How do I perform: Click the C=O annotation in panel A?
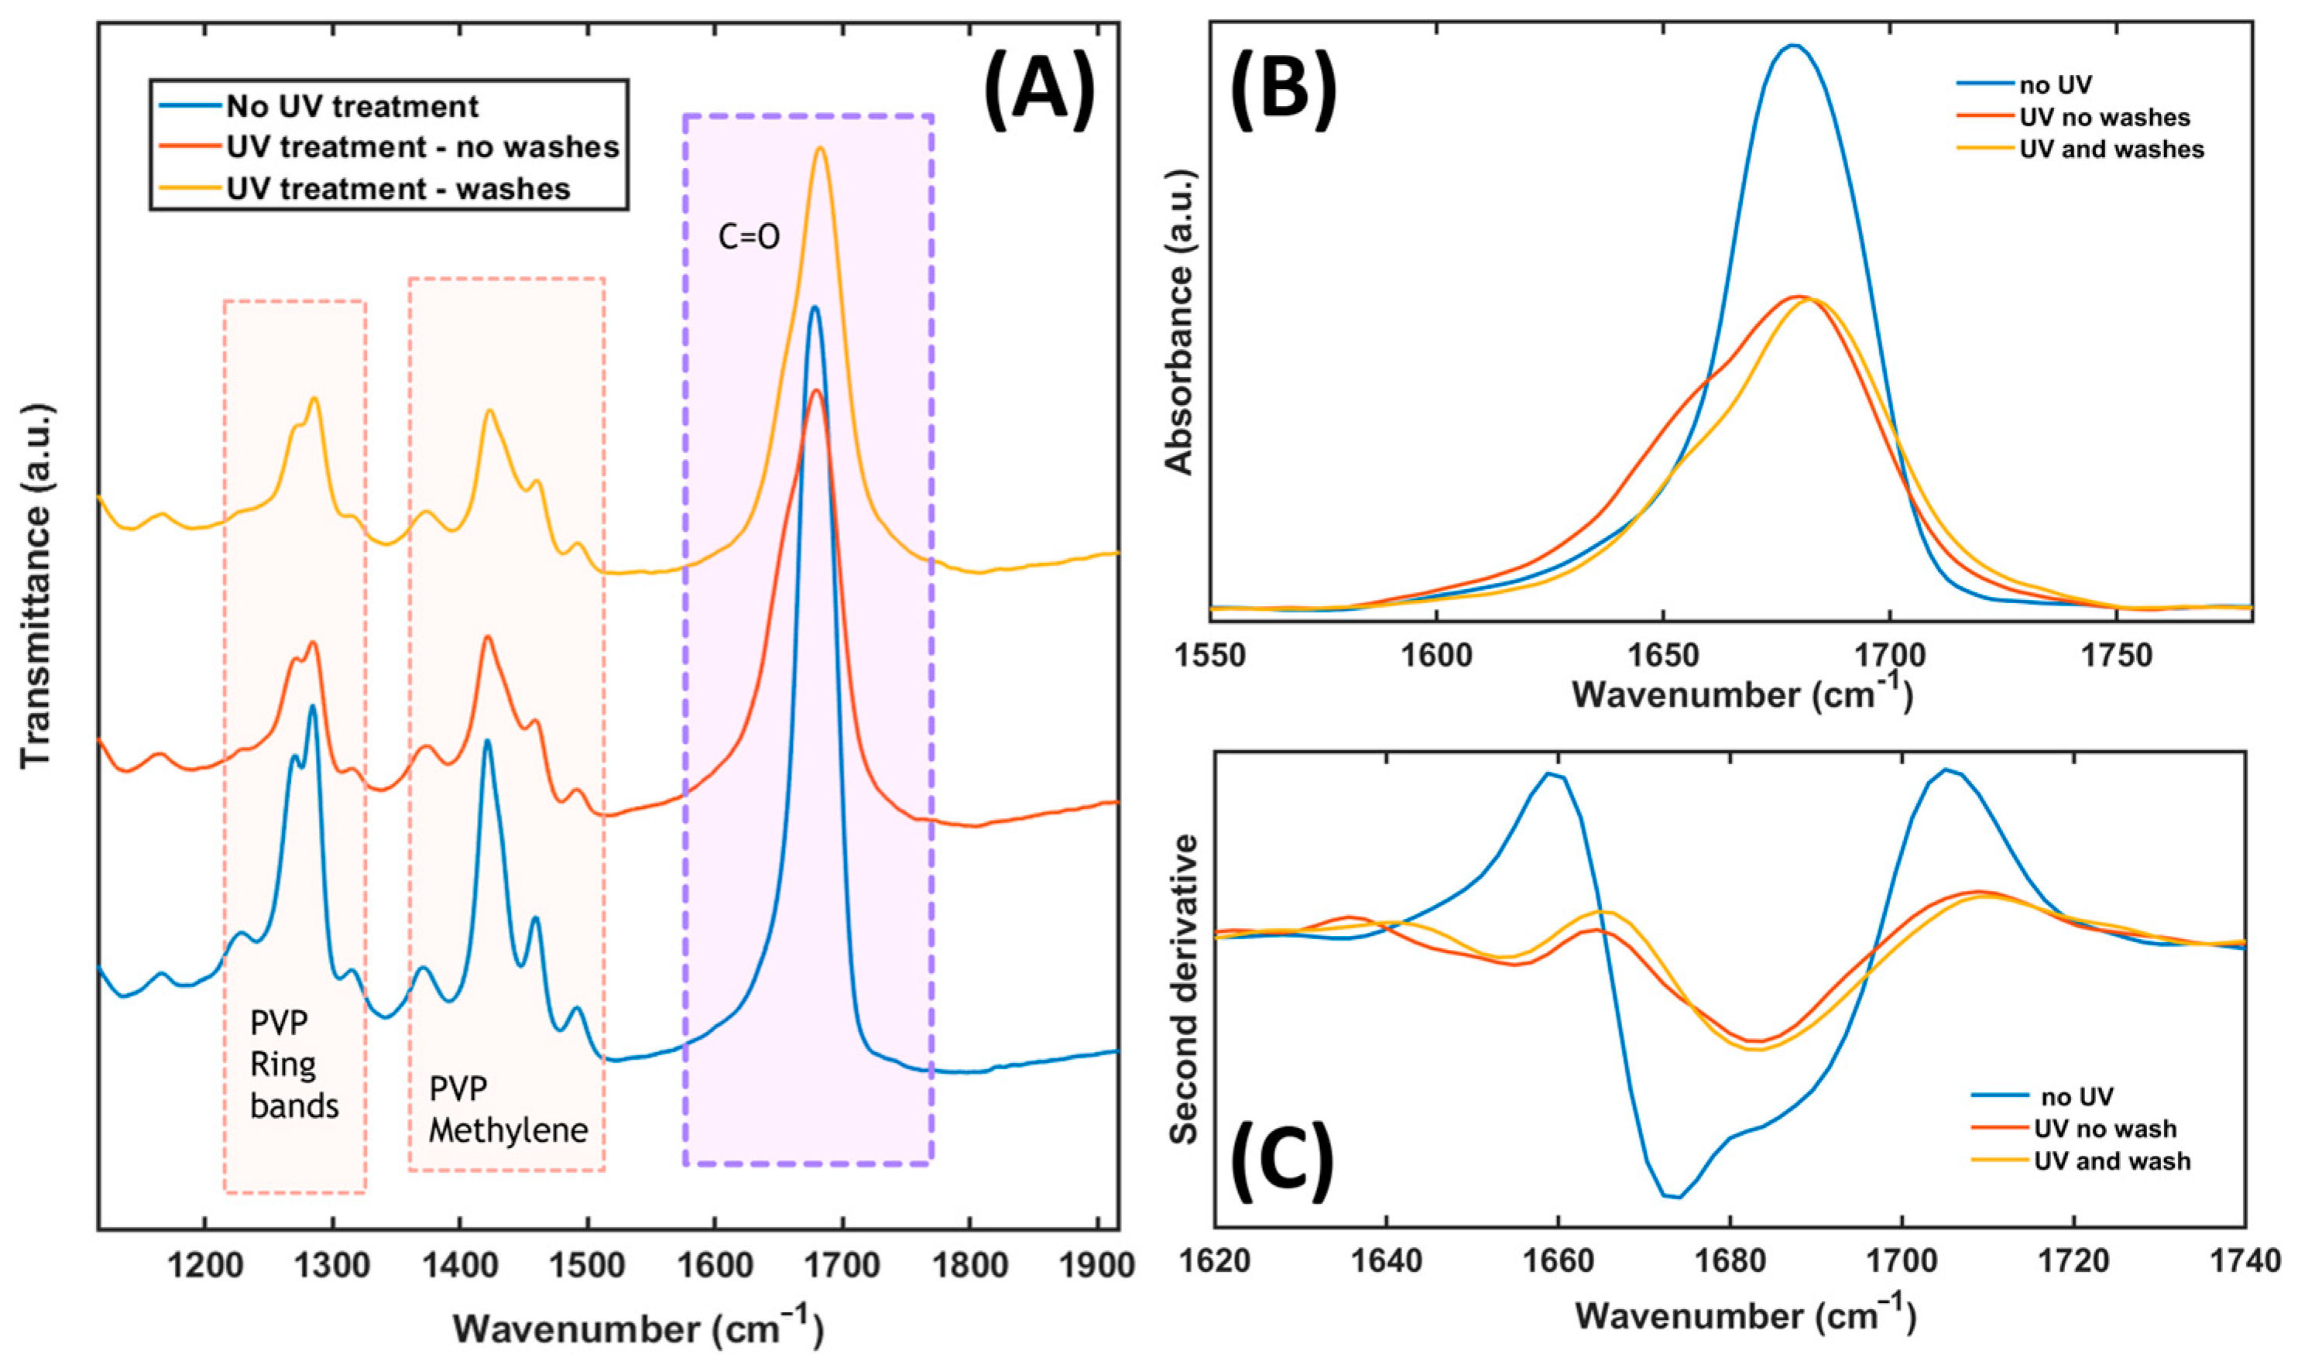pyautogui.click(x=749, y=238)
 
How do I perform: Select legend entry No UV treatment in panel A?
pyautogui.click(x=352, y=107)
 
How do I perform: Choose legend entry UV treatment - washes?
pyautogui.click(x=398, y=188)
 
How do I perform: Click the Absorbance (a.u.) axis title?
pyautogui.click(x=1182, y=320)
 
